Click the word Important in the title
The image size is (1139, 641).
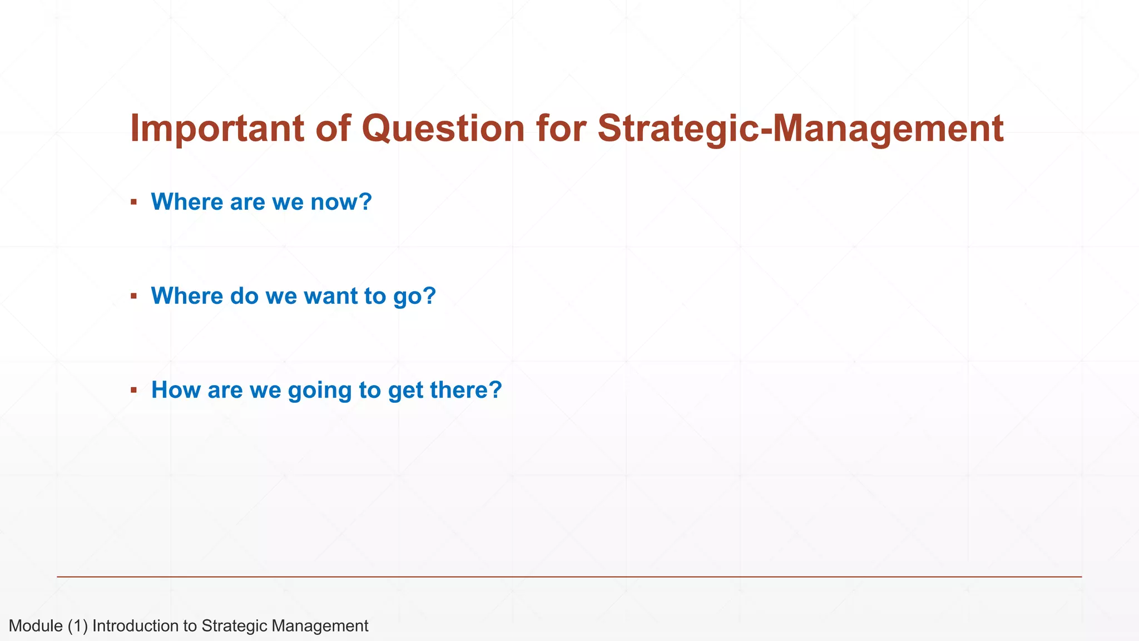(217, 129)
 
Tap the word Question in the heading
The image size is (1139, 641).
(443, 129)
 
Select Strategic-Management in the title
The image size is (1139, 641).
(800, 129)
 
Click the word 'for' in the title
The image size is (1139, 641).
(561, 129)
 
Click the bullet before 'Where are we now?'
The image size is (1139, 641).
(133, 201)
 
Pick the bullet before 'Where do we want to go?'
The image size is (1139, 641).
(133, 296)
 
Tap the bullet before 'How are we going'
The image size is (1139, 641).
(133, 390)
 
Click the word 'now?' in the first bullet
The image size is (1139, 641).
(341, 201)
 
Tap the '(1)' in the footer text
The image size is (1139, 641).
(78, 626)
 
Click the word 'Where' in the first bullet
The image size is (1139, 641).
(187, 201)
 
